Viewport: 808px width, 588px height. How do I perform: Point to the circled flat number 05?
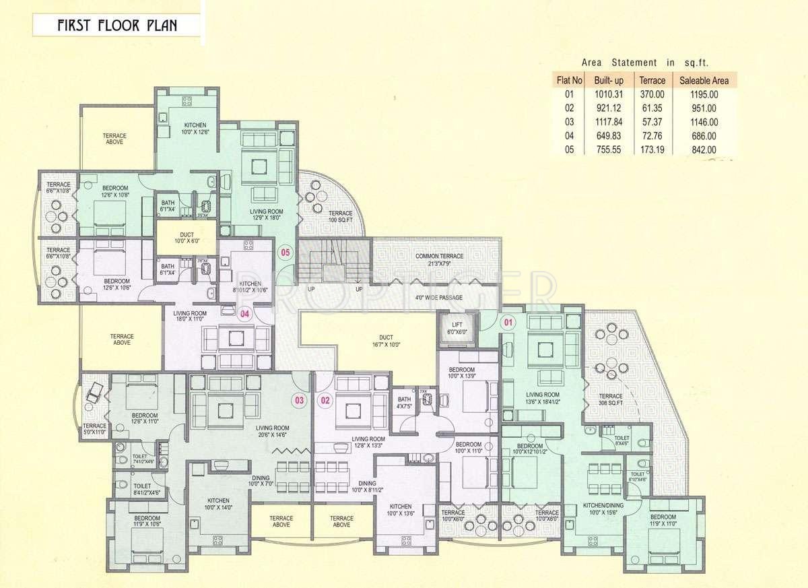pyautogui.click(x=285, y=253)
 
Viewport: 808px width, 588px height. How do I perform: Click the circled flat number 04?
pyautogui.click(x=246, y=313)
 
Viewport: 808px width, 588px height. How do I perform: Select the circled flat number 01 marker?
pyautogui.click(x=509, y=322)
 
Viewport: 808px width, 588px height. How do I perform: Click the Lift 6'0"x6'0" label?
pyautogui.click(x=457, y=328)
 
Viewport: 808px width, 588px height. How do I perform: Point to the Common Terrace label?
pyautogui.click(x=438, y=260)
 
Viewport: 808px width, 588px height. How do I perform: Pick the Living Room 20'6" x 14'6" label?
pyautogui.click(x=271, y=432)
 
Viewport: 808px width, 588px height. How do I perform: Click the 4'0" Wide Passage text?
pyautogui.click(x=422, y=297)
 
